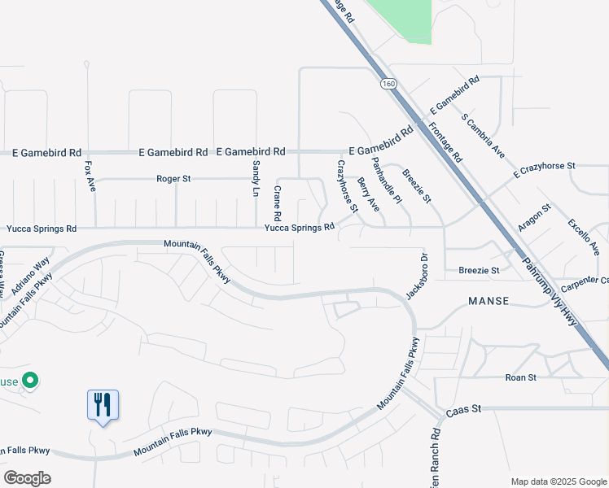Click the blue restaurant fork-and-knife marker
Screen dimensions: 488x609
pyautogui.click(x=103, y=404)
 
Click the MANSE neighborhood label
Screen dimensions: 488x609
pyautogui.click(x=489, y=301)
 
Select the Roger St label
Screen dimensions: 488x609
pyautogui.click(x=173, y=178)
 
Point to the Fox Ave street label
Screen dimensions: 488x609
pyautogui.click(x=90, y=176)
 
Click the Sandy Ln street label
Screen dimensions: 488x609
pyautogui.click(x=256, y=177)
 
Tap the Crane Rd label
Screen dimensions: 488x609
pyautogui.click(x=278, y=203)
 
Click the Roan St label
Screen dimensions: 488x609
pyautogui.click(x=520, y=377)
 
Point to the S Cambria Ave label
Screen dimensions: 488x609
pyautogui.click(x=484, y=136)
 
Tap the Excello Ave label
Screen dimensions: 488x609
pyautogui.click(x=583, y=236)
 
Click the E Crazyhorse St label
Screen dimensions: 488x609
pyautogui.click(x=544, y=169)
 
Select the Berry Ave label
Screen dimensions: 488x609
pyautogui.click(x=368, y=195)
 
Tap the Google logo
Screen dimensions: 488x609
pyautogui.click(x=27, y=478)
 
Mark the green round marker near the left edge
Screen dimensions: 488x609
pyautogui.click(x=30, y=379)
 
